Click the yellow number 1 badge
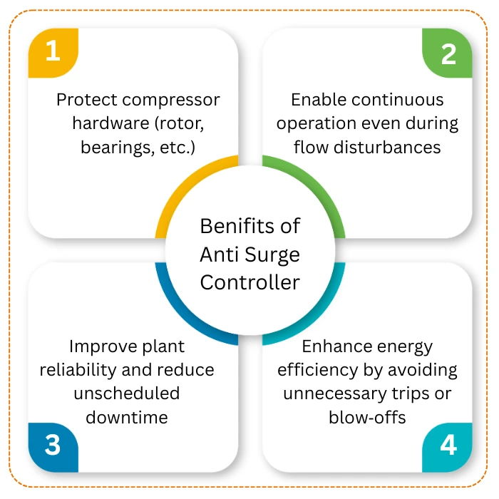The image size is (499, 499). pyautogui.click(x=52, y=52)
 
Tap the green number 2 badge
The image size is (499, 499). pyautogui.click(x=448, y=53)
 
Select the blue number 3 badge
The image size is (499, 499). pyautogui.click(x=52, y=446)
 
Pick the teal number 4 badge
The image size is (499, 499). pyautogui.click(x=448, y=446)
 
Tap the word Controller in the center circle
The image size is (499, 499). pyautogui.click(x=249, y=282)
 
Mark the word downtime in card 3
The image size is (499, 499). pyautogui.click(x=127, y=417)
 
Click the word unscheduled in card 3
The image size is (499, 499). pyautogui.click(x=127, y=393)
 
